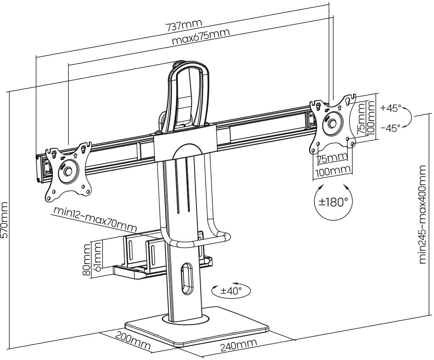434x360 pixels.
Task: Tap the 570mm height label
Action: [5, 219]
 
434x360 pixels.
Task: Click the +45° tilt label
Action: [390, 108]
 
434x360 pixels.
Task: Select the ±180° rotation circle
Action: [333, 202]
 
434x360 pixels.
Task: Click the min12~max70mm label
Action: [95, 219]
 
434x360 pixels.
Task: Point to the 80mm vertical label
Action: [86, 259]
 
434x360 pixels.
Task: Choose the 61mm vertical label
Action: [96, 255]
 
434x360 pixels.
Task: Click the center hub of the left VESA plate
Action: [68, 171]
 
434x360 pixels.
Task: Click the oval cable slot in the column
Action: [187, 279]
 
